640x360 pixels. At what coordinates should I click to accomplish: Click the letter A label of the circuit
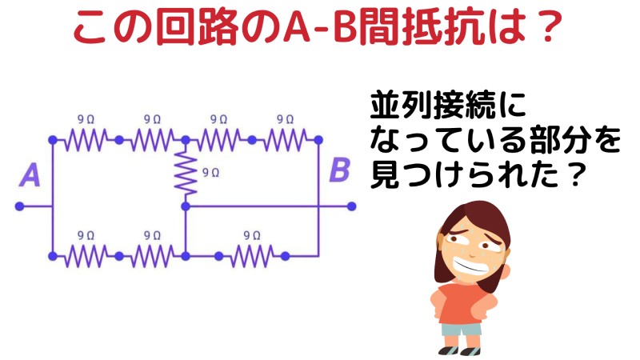(x=30, y=175)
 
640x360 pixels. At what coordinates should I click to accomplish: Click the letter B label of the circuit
(x=339, y=170)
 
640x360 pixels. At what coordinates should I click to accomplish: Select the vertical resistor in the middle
(x=186, y=173)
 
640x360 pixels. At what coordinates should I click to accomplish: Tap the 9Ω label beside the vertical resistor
(x=210, y=173)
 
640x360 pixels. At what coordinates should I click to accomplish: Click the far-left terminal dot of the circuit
(x=19, y=206)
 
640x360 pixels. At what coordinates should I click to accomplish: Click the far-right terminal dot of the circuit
(x=352, y=206)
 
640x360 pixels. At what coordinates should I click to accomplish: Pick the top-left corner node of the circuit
(x=53, y=140)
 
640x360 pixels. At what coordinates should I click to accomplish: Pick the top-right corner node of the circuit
(x=318, y=140)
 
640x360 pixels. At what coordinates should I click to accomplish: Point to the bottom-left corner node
(x=53, y=256)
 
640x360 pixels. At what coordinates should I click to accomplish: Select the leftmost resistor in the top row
(x=86, y=140)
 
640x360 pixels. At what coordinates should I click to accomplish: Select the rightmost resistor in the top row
(x=286, y=140)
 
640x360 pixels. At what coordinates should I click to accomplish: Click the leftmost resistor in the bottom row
(x=86, y=256)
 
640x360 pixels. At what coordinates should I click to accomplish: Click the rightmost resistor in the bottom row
(x=252, y=256)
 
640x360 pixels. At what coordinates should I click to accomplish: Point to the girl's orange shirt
(x=463, y=303)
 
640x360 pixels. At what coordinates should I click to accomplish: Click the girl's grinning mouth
(x=470, y=266)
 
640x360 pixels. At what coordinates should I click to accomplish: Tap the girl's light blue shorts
(x=462, y=329)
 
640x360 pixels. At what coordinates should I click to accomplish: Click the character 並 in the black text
(x=385, y=106)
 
